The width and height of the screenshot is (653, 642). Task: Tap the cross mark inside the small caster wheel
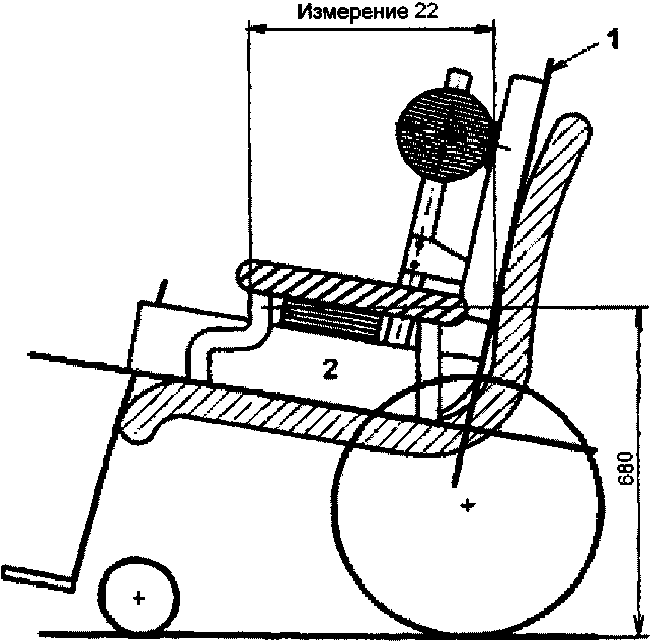pyautogui.click(x=139, y=597)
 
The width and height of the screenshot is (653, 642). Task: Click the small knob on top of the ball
pyautogui.click(x=458, y=79)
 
